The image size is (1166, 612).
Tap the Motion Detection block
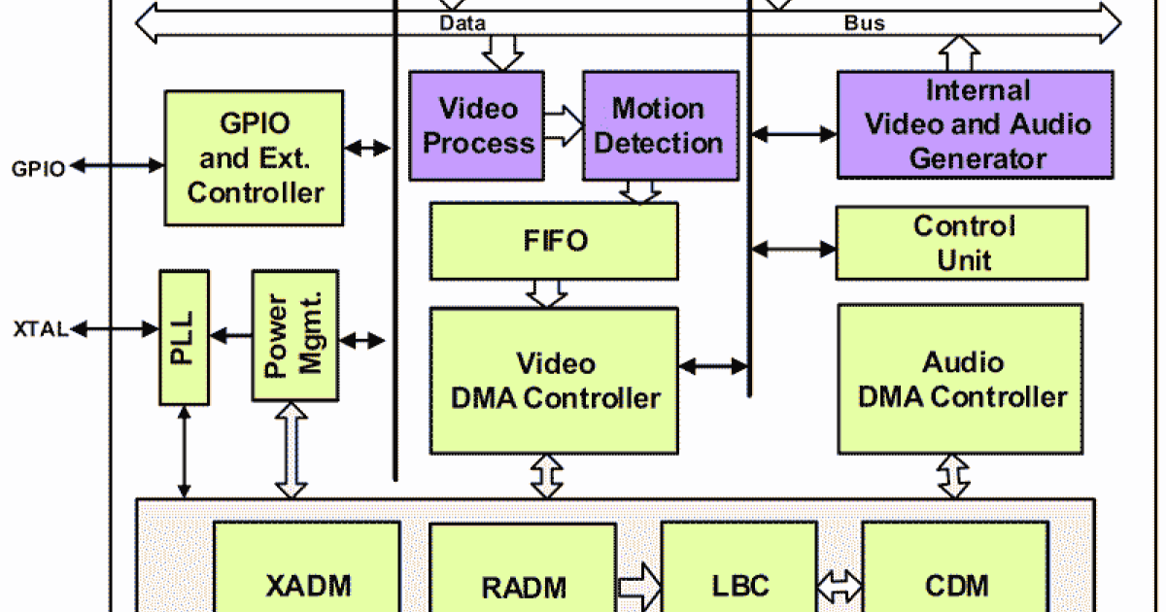click(x=658, y=125)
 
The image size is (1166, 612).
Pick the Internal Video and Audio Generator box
click(x=976, y=124)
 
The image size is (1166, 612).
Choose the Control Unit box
click(x=961, y=243)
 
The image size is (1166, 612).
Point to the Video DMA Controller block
click(x=554, y=380)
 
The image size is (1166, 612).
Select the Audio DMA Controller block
click(x=960, y=379)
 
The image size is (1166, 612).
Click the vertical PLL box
click(x=184, y=337)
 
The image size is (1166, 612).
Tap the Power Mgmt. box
click(x=294, y=335)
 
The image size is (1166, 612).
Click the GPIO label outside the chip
click(x=39, y=168)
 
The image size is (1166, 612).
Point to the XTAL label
click(x=40, y=329)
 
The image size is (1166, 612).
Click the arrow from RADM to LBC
click(x=638, y=585)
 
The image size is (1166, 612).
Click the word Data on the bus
click(x=462, y=22)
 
